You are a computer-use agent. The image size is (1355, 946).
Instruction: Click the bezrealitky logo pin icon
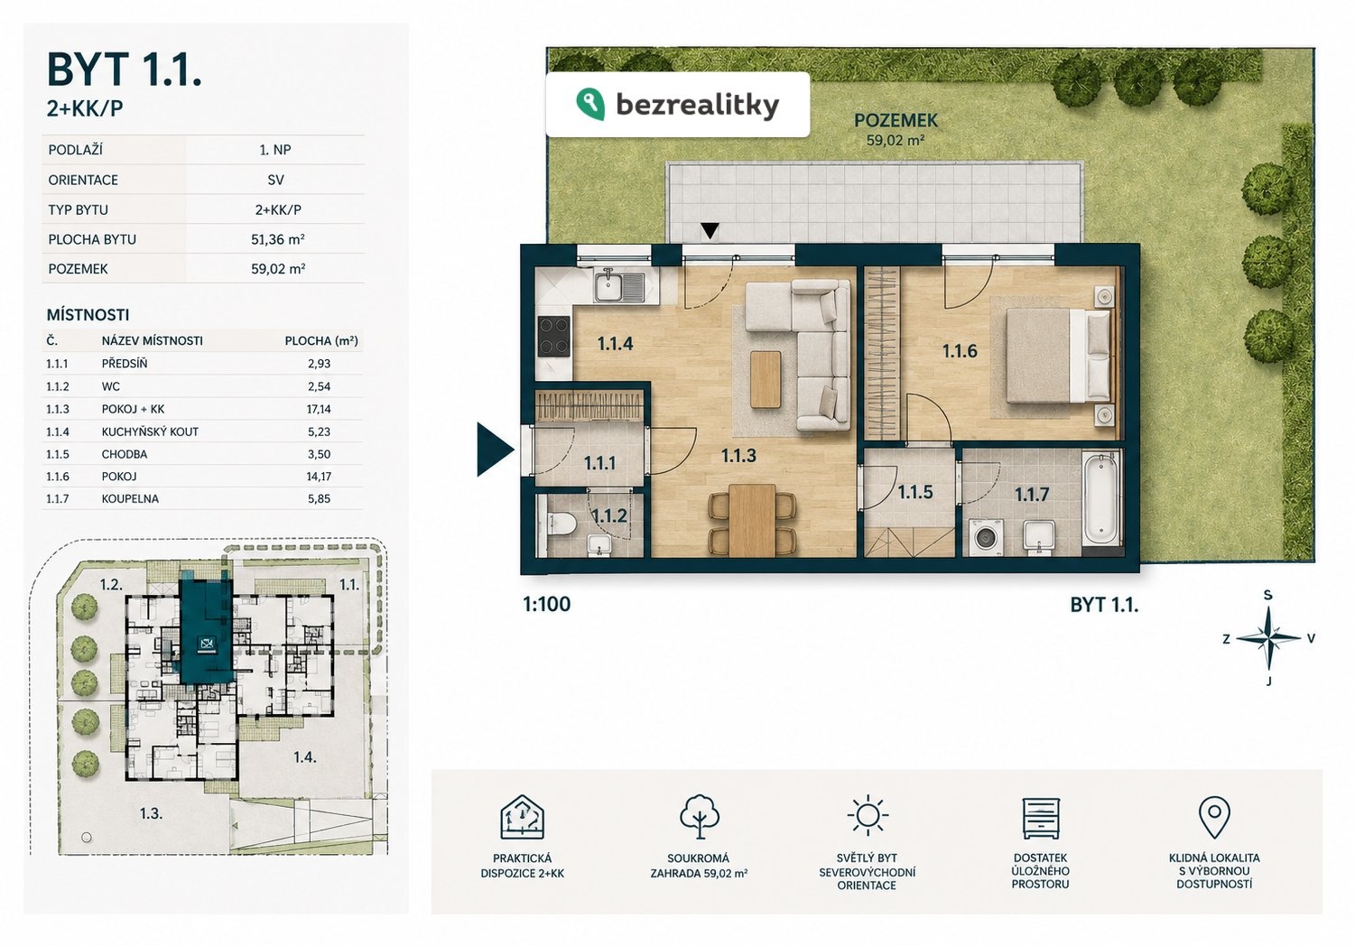[x=590, y=104]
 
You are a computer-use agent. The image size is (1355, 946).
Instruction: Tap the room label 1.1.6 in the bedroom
[x=960, y=351]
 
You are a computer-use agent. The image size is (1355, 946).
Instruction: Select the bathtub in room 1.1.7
[x=1101, y=499]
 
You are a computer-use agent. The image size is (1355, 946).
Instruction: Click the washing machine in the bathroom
[x=986, y=538]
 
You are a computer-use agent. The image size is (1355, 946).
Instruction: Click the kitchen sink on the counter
[x=619, y=286]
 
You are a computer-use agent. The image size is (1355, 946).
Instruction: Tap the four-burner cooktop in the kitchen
[x=554, y=337]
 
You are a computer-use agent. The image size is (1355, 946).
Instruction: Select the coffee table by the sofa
[x=766, y=380]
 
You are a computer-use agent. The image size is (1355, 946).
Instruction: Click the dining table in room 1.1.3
[x=752, y=520]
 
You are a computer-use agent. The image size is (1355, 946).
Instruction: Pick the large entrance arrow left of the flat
[x=494, y=450]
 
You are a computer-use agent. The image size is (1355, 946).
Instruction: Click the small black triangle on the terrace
[x=710, y=230]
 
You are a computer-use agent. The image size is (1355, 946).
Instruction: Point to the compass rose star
[x=1268, y=637]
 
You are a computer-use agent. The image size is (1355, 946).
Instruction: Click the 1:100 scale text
[x=546, y=604]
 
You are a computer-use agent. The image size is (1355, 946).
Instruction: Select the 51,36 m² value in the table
[x=278, y=239]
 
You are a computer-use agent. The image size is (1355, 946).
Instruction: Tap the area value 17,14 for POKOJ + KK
[x=318, y=409]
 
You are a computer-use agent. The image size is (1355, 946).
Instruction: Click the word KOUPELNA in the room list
[x=130, y=499]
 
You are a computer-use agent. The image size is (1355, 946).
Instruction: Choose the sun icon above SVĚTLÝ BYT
[x=868, y=816]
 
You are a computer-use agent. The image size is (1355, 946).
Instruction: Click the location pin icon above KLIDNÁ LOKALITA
[x=1214, y=817]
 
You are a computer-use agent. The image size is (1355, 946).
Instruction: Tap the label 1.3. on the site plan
[x=152, y=813]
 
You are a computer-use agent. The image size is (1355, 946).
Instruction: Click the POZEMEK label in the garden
[x=896, y=120]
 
